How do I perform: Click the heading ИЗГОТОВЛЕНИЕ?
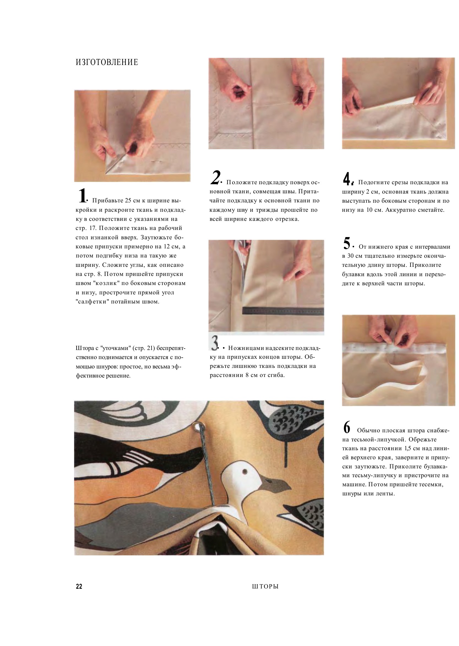pos(107,63)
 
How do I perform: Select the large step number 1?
pos(82,196)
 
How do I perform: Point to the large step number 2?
pos(216,177)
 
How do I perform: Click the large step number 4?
pos(347,179)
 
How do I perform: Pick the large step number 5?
pos(347,243)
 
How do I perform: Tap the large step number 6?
pos(346,427)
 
